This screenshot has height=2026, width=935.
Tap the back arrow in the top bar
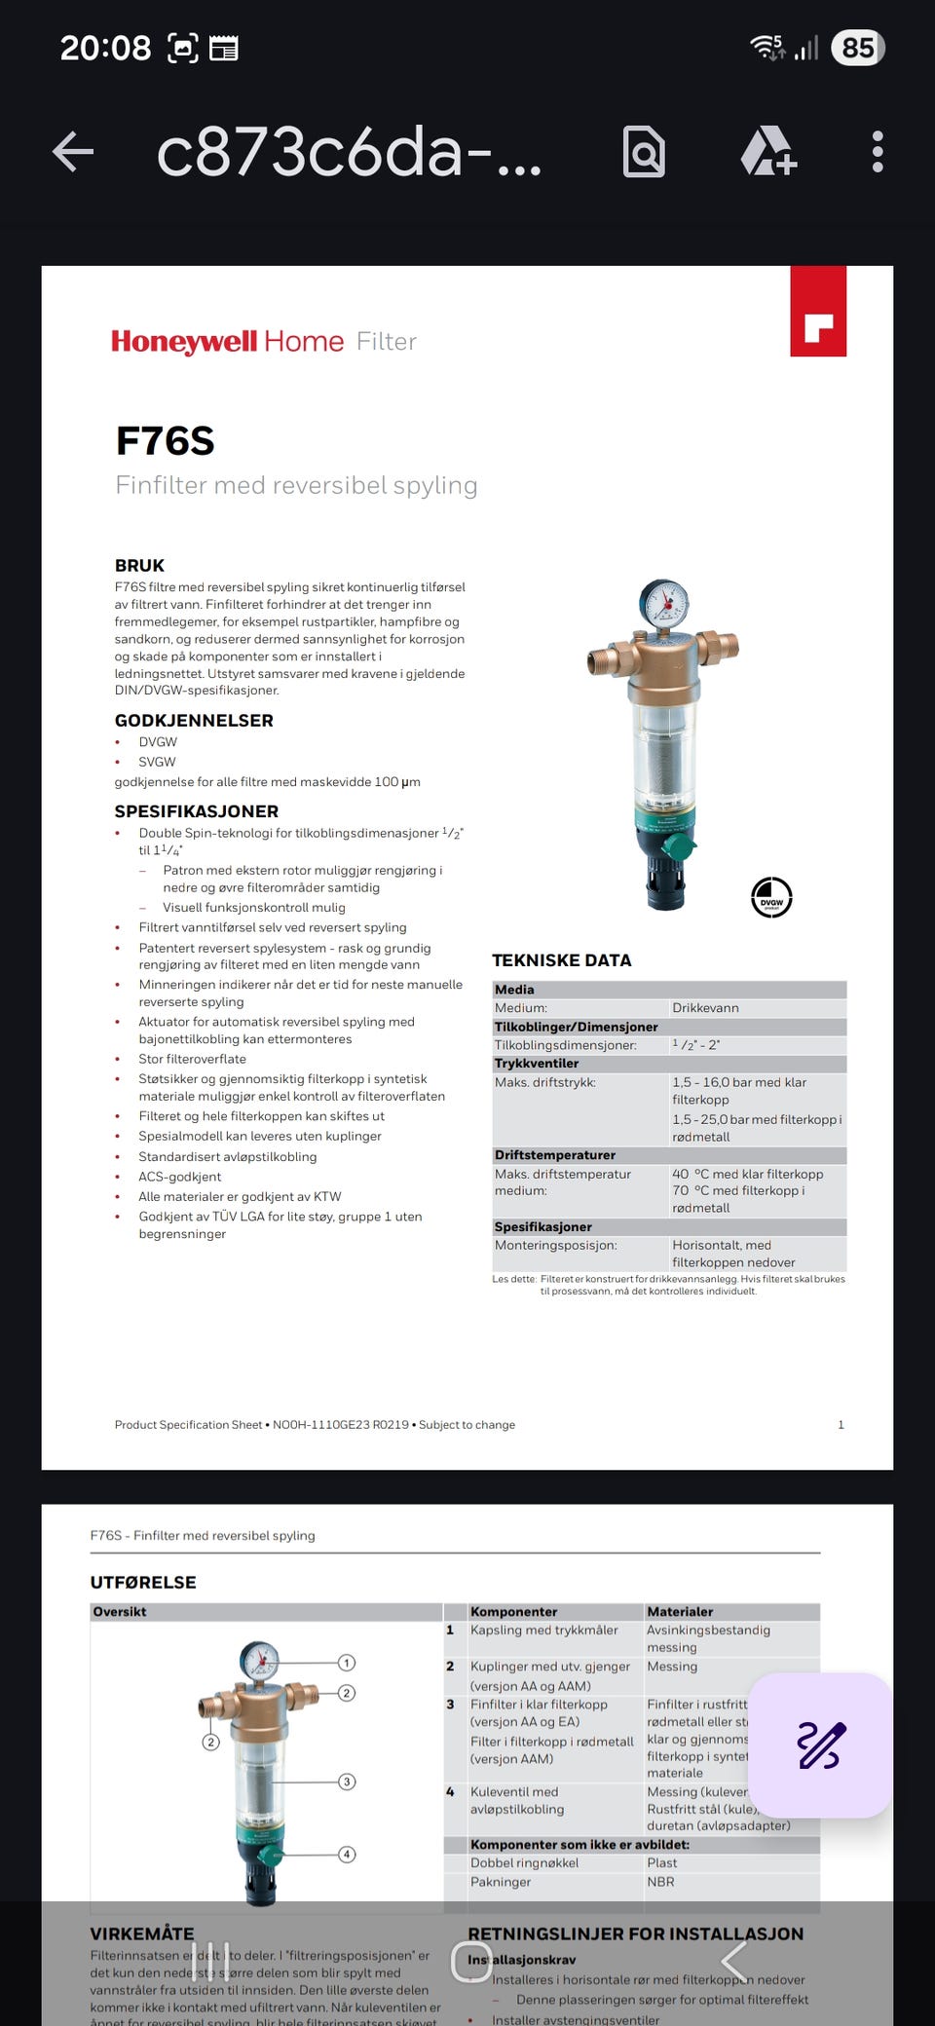pyautogui.click(x=73, y=152)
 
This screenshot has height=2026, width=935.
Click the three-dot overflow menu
pyautogui.click(x=878, y=152)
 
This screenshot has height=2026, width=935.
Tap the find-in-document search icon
pyautogui.click(x=644, y=152)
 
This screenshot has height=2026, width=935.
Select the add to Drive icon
pyautogui.click(x=768, y=152)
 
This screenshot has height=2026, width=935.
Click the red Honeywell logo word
pyautogui.click(x=184, y=341)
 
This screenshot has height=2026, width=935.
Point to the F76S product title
pyautogui.click(x=165, y=441)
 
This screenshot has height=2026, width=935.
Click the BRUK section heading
pyautogui.click(x=139, y=565)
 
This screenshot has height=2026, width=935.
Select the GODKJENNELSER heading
pyautogui.click(x=194, y=720)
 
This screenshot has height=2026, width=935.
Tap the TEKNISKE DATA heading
pyautogui.click(x=561, y=959)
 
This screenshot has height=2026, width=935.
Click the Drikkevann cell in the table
pyautogui.click(x=705, y=1007)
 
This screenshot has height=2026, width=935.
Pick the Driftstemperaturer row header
pyautogui.click(x=554, y=1154)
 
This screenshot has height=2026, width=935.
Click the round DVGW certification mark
pyautogui.click(x=771, y=897)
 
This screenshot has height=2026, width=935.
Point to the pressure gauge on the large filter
pyautogui.click(x=665, y=604)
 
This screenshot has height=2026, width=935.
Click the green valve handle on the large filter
pyautogui.click(x=679, y=846)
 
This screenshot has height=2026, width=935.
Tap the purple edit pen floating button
pyautogui.click(x=820, y=1745)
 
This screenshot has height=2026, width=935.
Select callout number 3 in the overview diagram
pyautogui.click(x=347, y=1782)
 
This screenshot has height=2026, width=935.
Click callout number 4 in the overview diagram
pyautogui.click(x=347, y=1854)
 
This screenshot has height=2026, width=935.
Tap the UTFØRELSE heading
pyautogui.click(x=143, y=1582)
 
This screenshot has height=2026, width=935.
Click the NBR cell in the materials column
pyautogui.click(x=660, y=1882)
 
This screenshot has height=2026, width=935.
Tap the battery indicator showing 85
pyautogui.click(x=857, y=48)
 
